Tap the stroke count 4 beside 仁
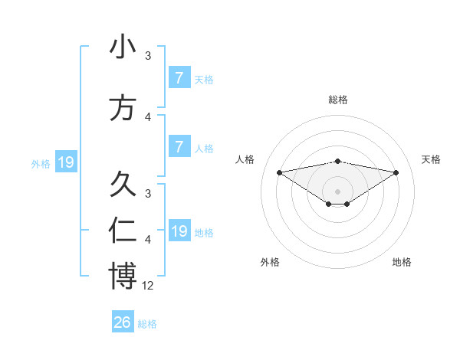[x=148, y=240]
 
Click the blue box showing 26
[x=123, y=322]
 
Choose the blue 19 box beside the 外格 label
[x=65, y=162]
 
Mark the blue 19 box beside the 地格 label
[x=179, y=231]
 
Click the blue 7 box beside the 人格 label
[x=179, y=147]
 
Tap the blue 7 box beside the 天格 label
[x=179, y=78]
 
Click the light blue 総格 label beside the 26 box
[x=147, y=324]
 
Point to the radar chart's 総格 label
[x=337, y=100]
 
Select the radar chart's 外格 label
[x=270, y=262]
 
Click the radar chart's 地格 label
[x=402, y=262]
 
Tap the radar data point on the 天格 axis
[x=396, y=172]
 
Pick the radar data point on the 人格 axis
[x=279, y=172]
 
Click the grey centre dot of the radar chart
[x=337, y=191]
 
